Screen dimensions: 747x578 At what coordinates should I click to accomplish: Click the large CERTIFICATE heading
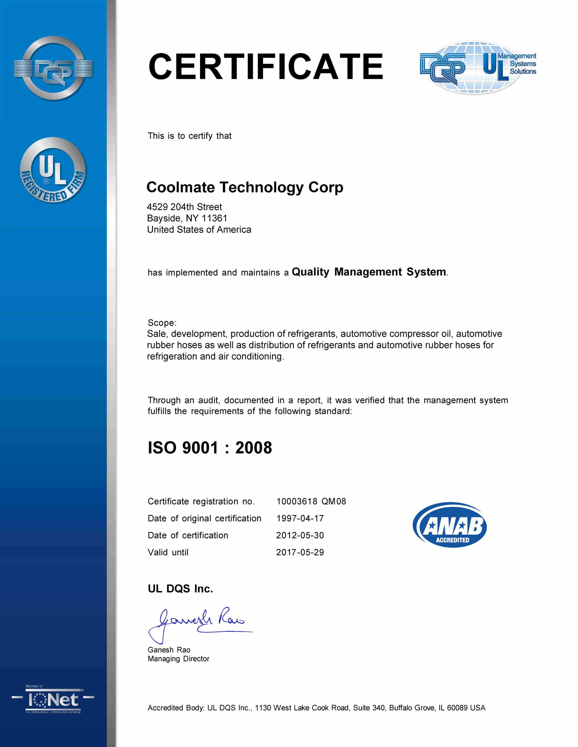pyautogui.click(x=266, y=67)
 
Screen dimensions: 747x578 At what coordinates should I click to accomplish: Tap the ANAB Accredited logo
pyautogui.click(x=450, y=525)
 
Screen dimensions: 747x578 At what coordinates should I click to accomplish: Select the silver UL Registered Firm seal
pyautogui.click(x=53, y=170)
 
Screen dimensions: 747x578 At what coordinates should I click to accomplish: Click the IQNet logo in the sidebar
pyautogui.click(x=53, y=700)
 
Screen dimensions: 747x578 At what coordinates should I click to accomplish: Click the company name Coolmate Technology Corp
pyautogui.click(x=244, y=187)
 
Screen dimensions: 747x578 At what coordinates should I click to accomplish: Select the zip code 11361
pyautogui.click(x=214, y=218)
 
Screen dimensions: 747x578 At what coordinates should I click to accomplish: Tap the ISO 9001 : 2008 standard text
pyautogui.click(x=210, y=448)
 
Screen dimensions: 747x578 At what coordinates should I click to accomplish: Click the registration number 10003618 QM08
pyautogui.click(x=311, y=501)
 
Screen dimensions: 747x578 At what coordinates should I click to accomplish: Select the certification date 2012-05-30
pyautogui.click(x=300, y=535)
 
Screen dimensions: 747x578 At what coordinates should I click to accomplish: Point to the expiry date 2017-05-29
pyautogui.click(x=300, y=552)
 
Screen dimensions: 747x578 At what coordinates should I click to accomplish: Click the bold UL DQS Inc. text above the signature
pyautogui.click(x=180, y=589)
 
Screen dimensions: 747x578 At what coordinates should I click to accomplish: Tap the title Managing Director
pyautogui.click(x=178, y=659)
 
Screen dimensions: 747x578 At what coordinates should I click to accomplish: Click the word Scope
pyautogui.click(x=162, y=323)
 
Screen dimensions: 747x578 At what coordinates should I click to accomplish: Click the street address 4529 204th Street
pyautogui.click(x=184, y=207)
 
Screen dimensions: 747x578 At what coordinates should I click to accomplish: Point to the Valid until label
pyautogui.click(x=168, y=552)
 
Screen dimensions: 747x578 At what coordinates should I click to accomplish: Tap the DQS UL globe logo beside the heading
pyautogui.click(x=478, y=67)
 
